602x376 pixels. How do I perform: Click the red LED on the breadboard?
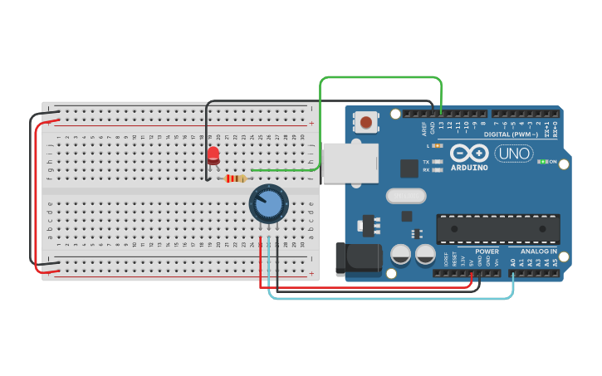(213, 155)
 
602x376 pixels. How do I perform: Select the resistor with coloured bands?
(236, 178)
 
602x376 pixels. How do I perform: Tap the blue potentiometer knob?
(269, 203)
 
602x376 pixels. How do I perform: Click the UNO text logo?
(514, 154)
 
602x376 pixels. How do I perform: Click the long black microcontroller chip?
(497, 228)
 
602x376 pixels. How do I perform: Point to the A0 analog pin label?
(513, 262)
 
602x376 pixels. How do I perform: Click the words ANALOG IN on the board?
(539, 251)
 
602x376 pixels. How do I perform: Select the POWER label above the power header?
(487, 251)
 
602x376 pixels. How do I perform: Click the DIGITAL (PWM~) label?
(510, 134)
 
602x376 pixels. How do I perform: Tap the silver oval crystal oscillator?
(405, 196)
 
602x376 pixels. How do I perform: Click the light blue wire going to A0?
(390, 298)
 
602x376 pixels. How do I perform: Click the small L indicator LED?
(438, 145)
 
